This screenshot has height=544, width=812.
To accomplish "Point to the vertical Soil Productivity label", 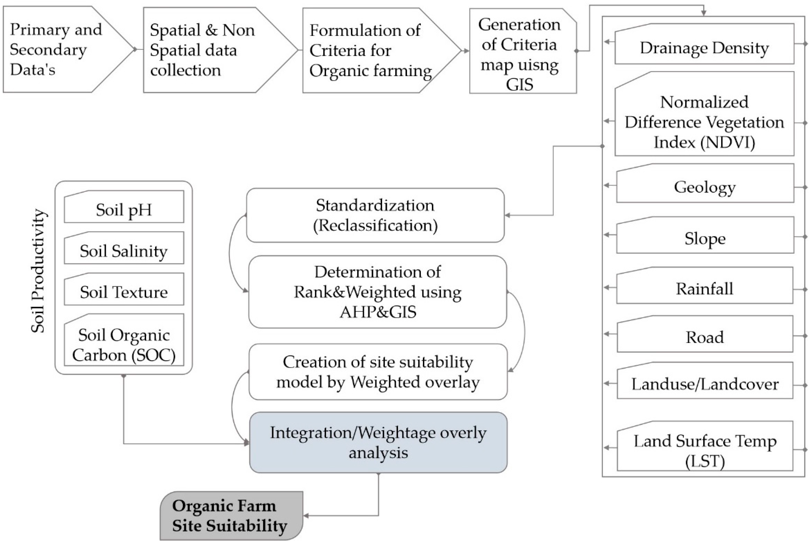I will pyautogui.click(x=38, y=271).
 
